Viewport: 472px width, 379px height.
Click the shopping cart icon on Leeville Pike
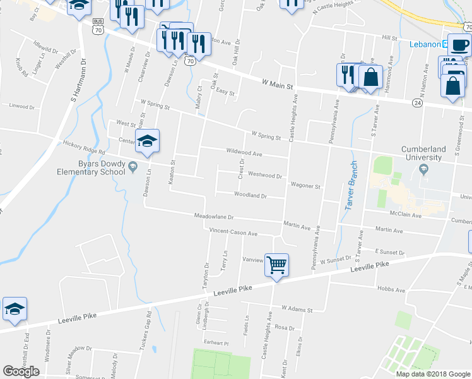276,265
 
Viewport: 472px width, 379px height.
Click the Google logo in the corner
21,371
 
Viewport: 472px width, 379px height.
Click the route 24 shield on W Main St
418,102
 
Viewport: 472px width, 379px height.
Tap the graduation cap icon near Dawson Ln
147,140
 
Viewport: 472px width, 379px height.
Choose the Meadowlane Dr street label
214,216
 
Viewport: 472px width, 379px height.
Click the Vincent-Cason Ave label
233,233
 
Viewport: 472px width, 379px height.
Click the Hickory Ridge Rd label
84,148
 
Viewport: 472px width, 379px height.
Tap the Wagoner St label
305,186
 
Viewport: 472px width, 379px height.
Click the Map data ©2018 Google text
432,373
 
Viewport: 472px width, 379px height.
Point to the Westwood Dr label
264,174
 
